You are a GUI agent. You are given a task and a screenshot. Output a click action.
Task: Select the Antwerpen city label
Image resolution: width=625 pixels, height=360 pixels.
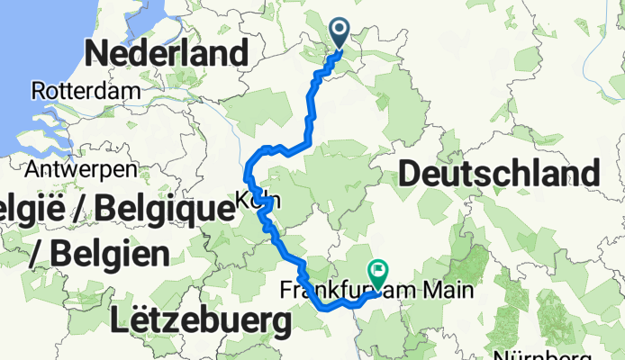point(81,169)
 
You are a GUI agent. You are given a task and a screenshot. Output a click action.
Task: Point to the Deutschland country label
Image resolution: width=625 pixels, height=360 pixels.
point(498,173)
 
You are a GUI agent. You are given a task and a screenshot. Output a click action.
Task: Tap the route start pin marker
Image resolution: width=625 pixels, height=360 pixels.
point(340,33)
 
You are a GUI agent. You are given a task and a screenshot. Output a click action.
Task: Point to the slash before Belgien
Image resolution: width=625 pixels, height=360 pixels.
point(37,254)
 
